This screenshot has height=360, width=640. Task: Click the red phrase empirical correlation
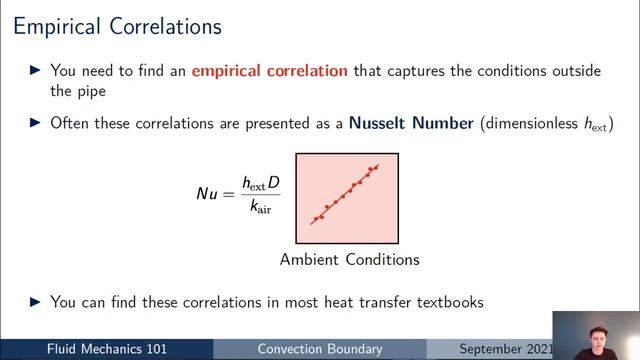pyautogui.click(x=270, y=71)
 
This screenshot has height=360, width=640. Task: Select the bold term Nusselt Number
pyautogui.click(x=411, y=124)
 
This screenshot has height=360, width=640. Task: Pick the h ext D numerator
pyautogui.click(x=261, y=182)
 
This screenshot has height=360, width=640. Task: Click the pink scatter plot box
pyautogui.click(x=347, y=198)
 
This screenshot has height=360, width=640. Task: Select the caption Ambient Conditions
pyautogui.click(x=349, y=260)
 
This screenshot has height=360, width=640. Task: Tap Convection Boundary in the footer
pyautogui.click(x=320, y=350)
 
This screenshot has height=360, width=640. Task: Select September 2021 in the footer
pyautogui.click(x=506, y=350)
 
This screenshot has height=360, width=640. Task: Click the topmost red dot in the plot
pyautogui.click(x=377, y=167)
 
